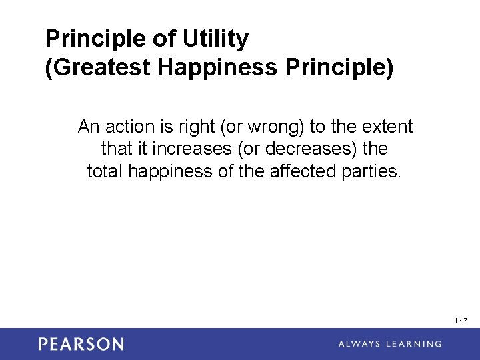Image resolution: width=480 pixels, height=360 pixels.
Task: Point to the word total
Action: (105, 171)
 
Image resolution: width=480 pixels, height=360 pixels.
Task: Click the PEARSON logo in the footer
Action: (81, 344)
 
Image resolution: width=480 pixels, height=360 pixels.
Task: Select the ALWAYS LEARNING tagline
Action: (390, 344)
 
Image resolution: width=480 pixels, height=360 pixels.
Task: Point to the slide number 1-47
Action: (461, 321)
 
